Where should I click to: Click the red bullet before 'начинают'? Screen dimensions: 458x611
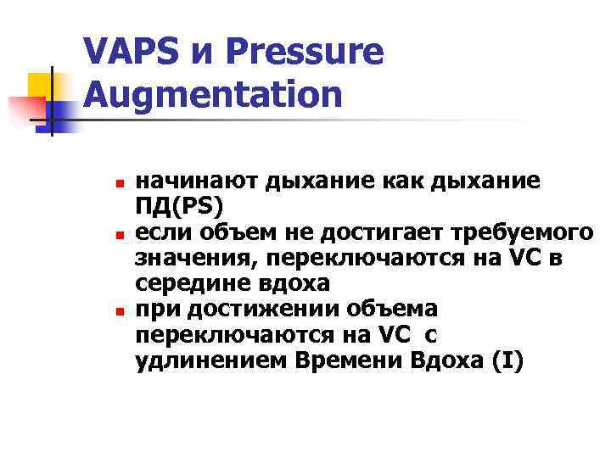(x=120, y=183)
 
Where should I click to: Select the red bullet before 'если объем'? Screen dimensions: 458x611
(x=120, y=232)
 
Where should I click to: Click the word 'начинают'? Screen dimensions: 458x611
(x=185, y=181)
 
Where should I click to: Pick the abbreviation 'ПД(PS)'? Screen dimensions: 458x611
(x=177, y=204)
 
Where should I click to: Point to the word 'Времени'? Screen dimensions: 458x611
(x=349, y=361)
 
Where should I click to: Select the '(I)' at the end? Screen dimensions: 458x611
(x=507, y=361)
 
